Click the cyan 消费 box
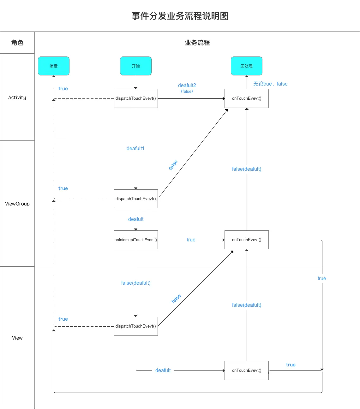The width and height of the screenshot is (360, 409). tap(54, 66)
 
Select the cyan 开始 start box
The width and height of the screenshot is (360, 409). tap(136, 66)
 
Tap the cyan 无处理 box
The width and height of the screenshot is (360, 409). tap(246, 66)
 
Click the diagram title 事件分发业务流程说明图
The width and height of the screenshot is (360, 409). tap(180, 16)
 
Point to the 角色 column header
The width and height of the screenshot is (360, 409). tap(17, 43)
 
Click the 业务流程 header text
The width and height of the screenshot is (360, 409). tap(197, 43)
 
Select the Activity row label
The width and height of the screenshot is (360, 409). tap(17, 98)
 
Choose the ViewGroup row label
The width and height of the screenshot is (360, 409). tap(17, 204)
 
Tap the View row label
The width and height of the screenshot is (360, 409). tap(17, 338)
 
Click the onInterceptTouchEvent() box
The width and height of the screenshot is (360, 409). tap(136, 240)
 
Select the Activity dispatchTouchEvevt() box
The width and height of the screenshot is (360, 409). tap(136, 98)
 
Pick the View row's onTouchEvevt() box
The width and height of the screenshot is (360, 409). tap(246, 370)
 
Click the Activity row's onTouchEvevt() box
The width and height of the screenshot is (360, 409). tap(246, 98)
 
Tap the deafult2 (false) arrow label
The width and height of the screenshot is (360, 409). tap(187, 88)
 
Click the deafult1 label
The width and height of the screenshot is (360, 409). tap(135, 149)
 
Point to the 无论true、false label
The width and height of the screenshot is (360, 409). tap(270, 84)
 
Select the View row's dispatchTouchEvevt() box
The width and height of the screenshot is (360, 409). tap(136, 326)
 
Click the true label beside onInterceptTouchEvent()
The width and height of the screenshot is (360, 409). tap(191, 240)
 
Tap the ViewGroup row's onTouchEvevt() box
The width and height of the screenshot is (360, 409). tap(246, 240)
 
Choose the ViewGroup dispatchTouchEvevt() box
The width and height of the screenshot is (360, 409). tap(136, 199)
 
